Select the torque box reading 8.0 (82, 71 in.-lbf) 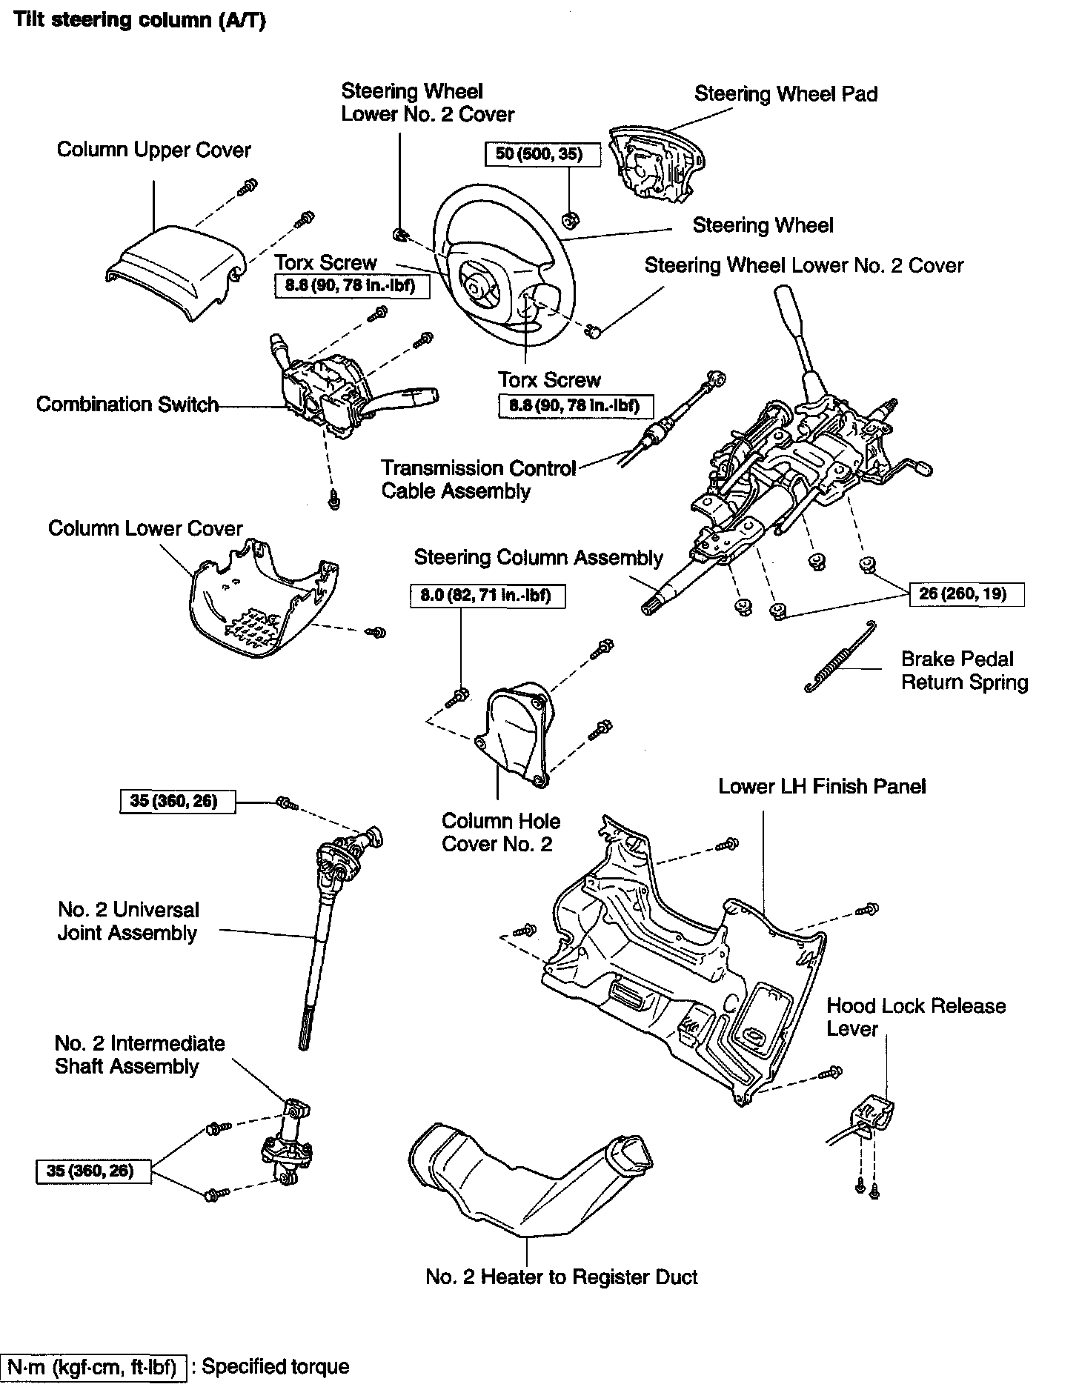pyautogui.click(x=487, y=595)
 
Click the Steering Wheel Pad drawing pyautogui.click(x=656, y=166)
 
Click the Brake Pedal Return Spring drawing pyautogui.click(x=841, y=658)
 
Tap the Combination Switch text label pyautogui.click(x=127, y=405)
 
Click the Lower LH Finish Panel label pyautogui.click(x=822, y=786)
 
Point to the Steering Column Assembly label pyautogui.click(x=538, y=557)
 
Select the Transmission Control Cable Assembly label pyautogui.click(x=478, y=479)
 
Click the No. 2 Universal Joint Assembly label pyautogui.click(x=128, y=921)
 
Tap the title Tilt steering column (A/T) pyautogui.click(x=139, y=20)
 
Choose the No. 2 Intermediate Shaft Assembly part pyautogui.click(x=287, y=1145)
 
